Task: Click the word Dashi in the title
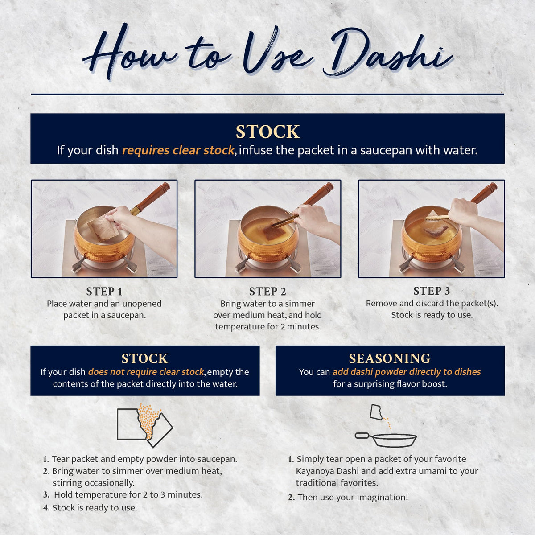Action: [x=387, y=53]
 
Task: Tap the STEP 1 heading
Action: [x=104, y=292]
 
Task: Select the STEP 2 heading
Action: [x=267, y=292]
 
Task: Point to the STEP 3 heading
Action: [x=432, y=291]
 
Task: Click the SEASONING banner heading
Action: [x=390, y=358]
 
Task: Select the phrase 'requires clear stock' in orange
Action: [x=178, y=150]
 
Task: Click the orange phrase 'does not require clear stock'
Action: [x=146, y=372]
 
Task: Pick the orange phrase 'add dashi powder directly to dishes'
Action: [x=407, y=372]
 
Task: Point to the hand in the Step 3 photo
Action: [x=463, y=212]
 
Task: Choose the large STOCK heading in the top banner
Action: [x=267, y=132]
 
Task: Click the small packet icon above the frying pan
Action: [x=376, y=412]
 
